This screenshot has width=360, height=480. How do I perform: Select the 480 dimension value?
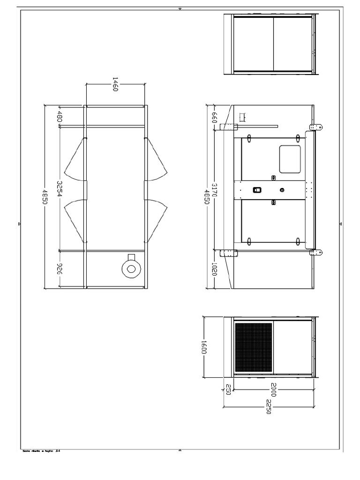click(x=60, y=116)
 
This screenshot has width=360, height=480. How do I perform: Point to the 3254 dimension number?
click(x=60, y=188)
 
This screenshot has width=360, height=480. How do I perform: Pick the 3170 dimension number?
click(x=215, y=190)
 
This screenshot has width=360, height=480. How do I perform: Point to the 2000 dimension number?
click(x=273, y=389)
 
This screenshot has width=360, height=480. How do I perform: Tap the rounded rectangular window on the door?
click(x=290, y=158)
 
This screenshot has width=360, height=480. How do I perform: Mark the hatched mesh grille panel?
click(x=254, y=347)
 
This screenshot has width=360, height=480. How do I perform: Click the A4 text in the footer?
click(x=58, y=451)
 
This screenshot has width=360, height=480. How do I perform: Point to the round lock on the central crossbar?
click(x=282, y=190)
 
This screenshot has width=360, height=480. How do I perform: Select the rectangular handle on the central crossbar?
click(x=256, y=190)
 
